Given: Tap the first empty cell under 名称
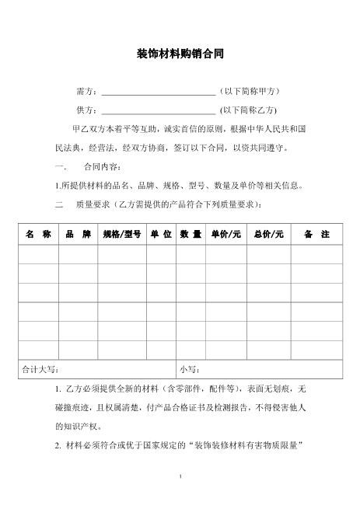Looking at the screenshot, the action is pos(37,253).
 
